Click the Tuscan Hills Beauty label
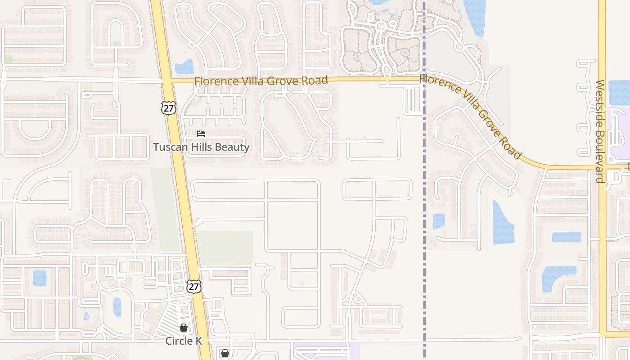pyautogui.click(x=201, y=147)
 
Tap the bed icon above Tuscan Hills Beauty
pyautogui.click(x=201, y=134)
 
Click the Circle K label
pyautogui.click(x=184, y=341)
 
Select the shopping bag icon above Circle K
pyautogui.click(x=184, y=328)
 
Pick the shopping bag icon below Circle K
pyautogui.click(x=225, y=353)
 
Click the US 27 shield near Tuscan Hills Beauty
pyautogui.click(x=168, y=108)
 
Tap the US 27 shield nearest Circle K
pyautogui.click(x=194, y=286)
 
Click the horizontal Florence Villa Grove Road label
pyautogui.click(x=261, y=81)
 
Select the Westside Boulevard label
pyautogui.click(x=600, y=131)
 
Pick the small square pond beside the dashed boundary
pyautogui.click(x=439, y=221)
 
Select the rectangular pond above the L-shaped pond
pyautogui.click(x=566, y=237)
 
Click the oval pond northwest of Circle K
pyautogui.click(x=117, y=307)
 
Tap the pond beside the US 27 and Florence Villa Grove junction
pyautogui.click(x=184, y=67)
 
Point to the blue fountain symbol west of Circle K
pyautogui.click(x=86, y=316)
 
